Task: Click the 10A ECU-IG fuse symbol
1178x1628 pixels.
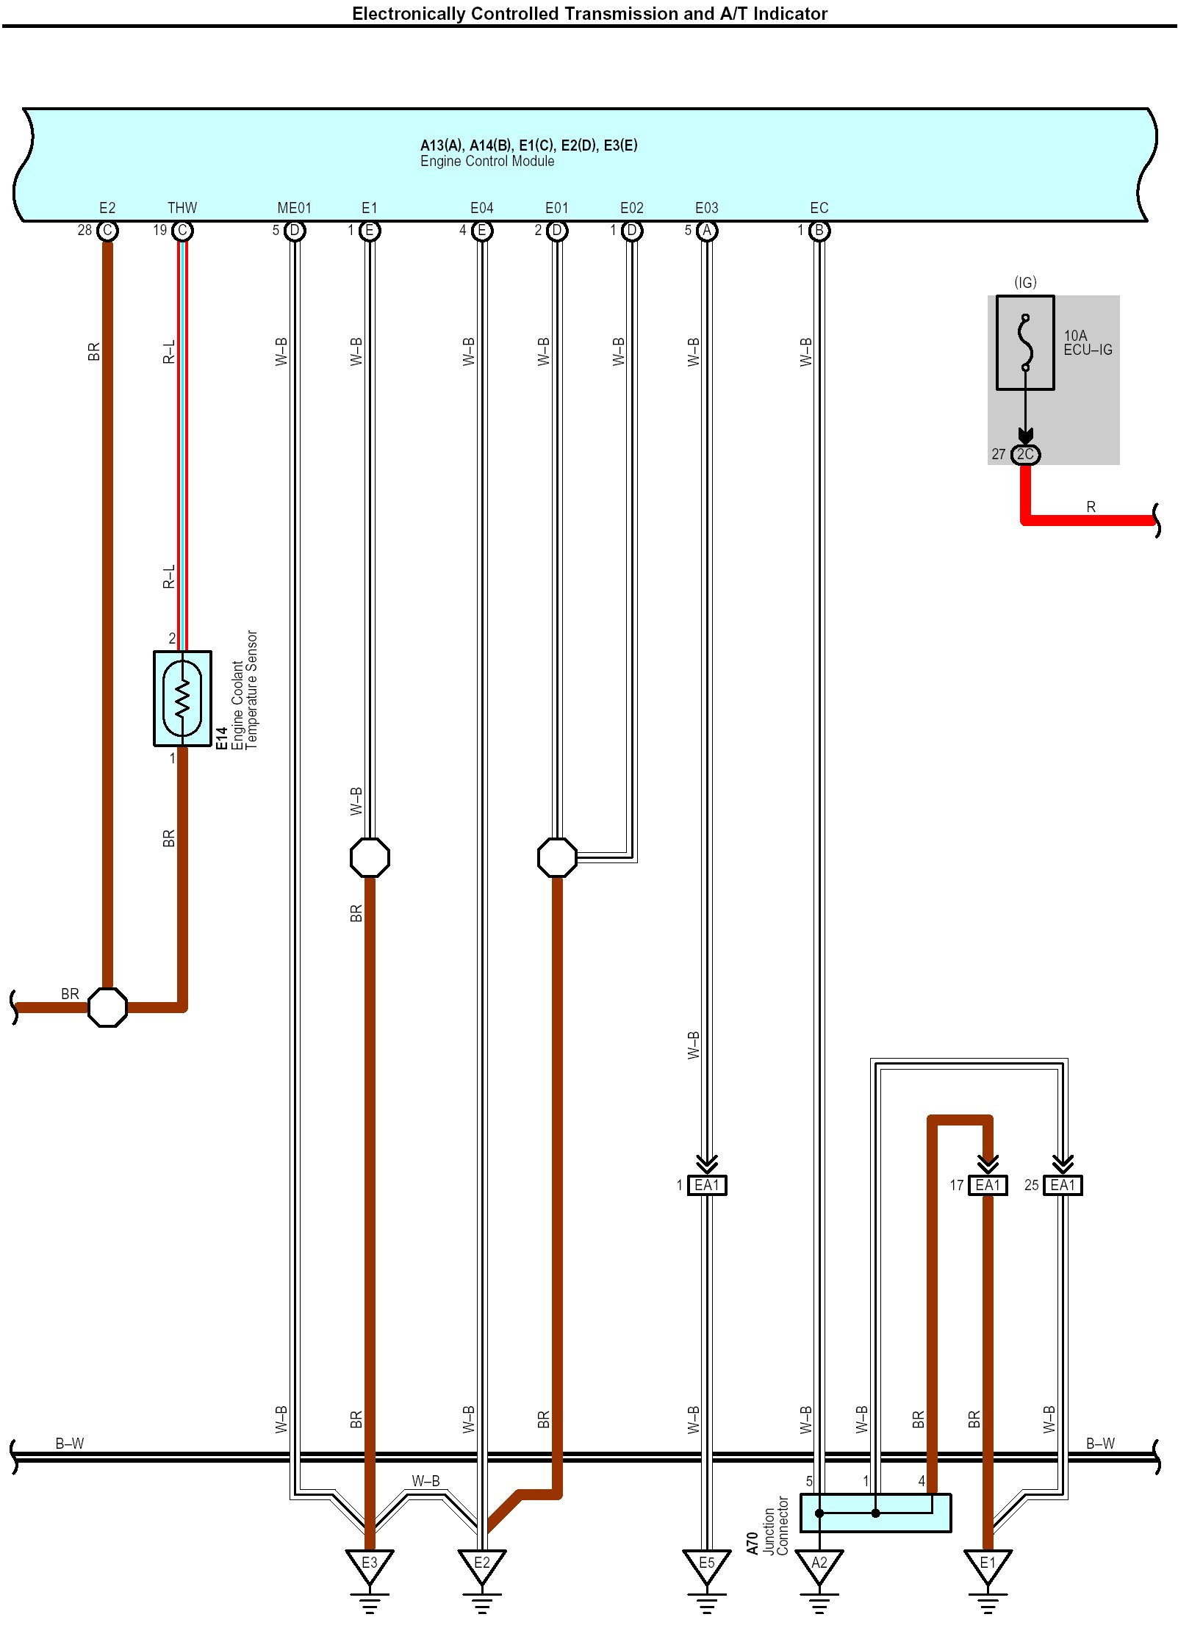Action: point(1024,342)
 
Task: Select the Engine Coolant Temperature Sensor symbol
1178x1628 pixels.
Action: point(182,698)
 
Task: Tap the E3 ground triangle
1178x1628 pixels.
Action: point(370,1565)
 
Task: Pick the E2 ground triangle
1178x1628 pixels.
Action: point(481,1565)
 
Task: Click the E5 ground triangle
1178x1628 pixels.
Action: point(706,1565)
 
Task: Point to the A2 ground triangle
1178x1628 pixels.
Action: point(819,1565)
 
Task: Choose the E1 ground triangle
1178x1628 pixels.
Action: point(988,1565)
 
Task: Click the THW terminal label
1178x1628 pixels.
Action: point(182,208)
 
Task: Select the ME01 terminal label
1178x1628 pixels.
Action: point(294,208)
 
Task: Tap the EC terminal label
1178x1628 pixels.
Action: point(819,208)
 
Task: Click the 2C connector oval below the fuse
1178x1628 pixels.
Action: point(1025,454)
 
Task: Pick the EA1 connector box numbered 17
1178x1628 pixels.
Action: point(988,1185)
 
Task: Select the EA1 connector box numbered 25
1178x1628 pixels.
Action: point(1063,1185)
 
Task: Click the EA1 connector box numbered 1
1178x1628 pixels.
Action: point(706,1185)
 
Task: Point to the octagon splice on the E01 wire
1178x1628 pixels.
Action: point(557,857)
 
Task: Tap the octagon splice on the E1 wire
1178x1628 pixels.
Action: point(370,857)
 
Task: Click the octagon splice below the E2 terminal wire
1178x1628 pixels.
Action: point(107,1007)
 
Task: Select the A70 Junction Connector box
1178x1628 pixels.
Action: point(875,1513)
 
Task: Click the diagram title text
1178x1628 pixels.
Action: point(589,14)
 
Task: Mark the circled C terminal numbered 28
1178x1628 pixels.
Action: point(107,231)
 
